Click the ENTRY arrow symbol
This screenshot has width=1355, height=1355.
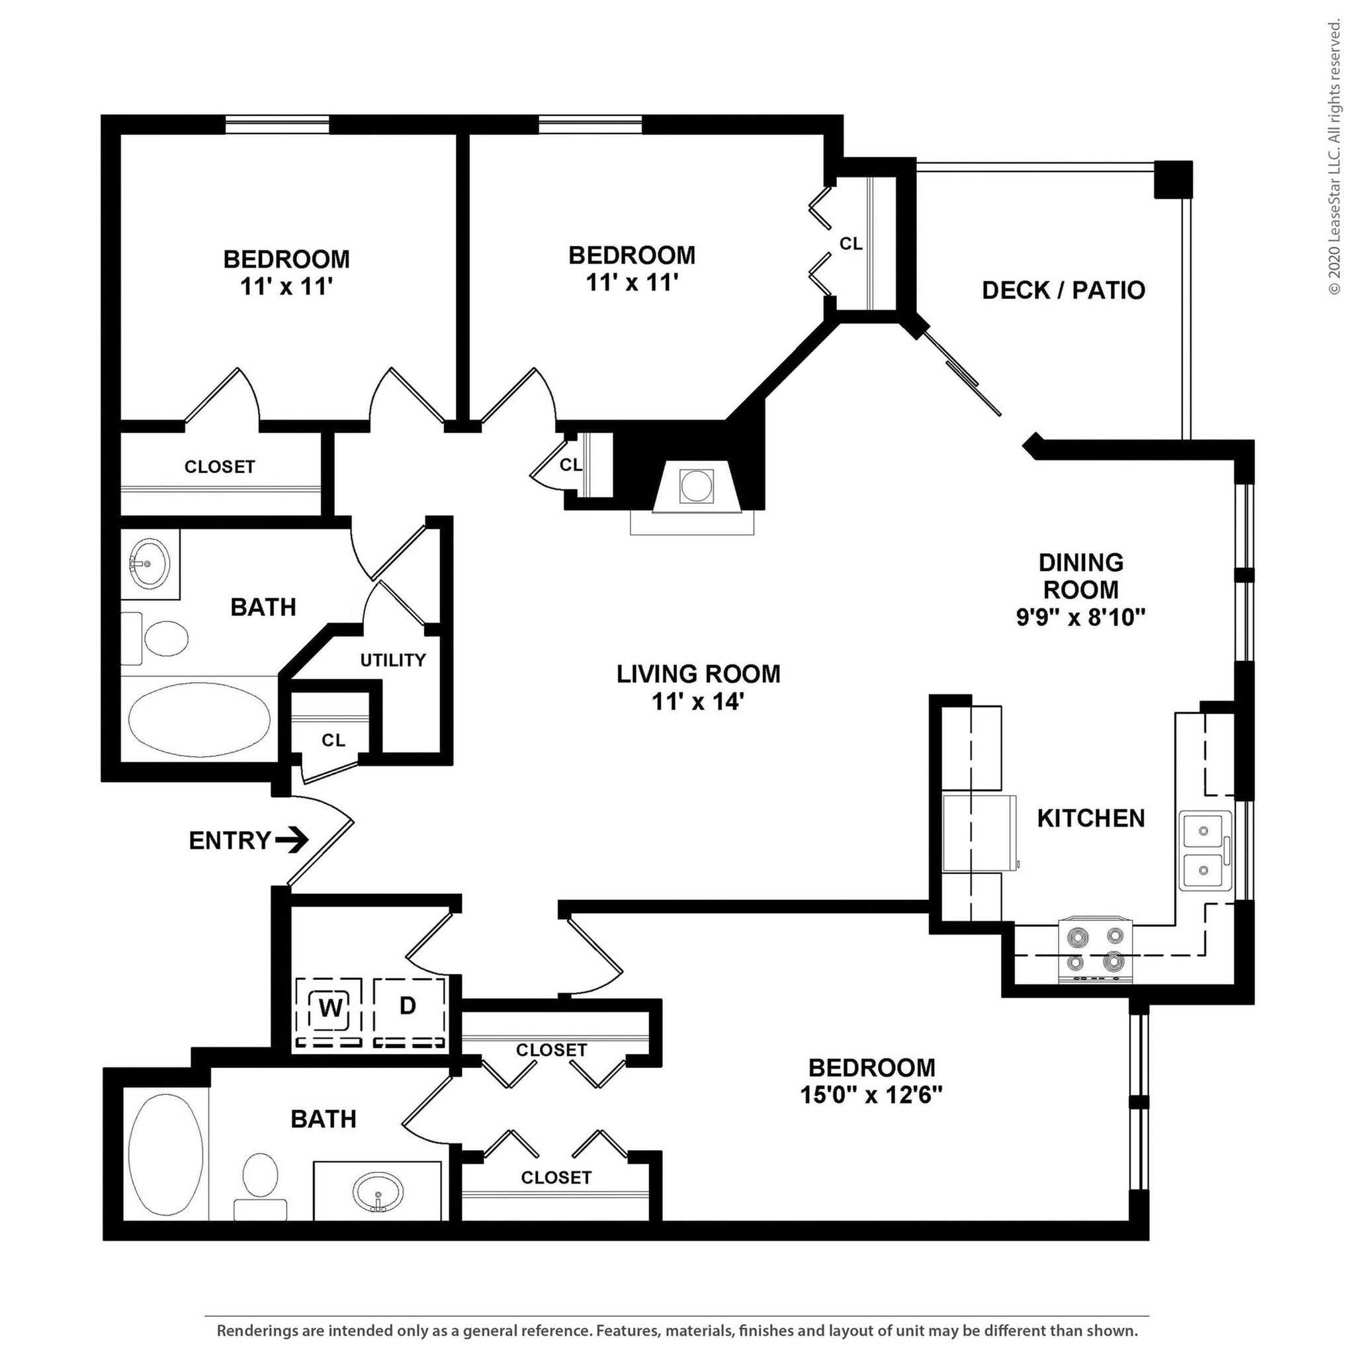(292, 840)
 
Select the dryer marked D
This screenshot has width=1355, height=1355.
(408, 1006)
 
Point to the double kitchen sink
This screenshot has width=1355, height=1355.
(1204, 850)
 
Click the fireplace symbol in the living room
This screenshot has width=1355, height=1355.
(696, 486)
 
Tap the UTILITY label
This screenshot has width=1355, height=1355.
(393, 660)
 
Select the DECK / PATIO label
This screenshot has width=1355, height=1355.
(1063, 290)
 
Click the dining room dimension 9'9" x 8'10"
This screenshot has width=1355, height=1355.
(1081, 617)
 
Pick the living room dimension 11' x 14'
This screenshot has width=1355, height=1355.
(697, 701)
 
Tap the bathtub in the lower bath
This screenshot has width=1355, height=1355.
(166, 1149)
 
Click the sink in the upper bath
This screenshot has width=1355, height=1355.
(149, 562)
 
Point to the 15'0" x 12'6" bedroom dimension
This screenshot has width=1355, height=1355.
(871, 1095)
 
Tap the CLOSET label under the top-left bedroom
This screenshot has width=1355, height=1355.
(220, 466)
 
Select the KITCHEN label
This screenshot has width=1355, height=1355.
(1090, 818)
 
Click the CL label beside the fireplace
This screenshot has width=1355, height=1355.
(570, 464)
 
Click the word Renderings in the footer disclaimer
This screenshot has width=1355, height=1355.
(256, 1331)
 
